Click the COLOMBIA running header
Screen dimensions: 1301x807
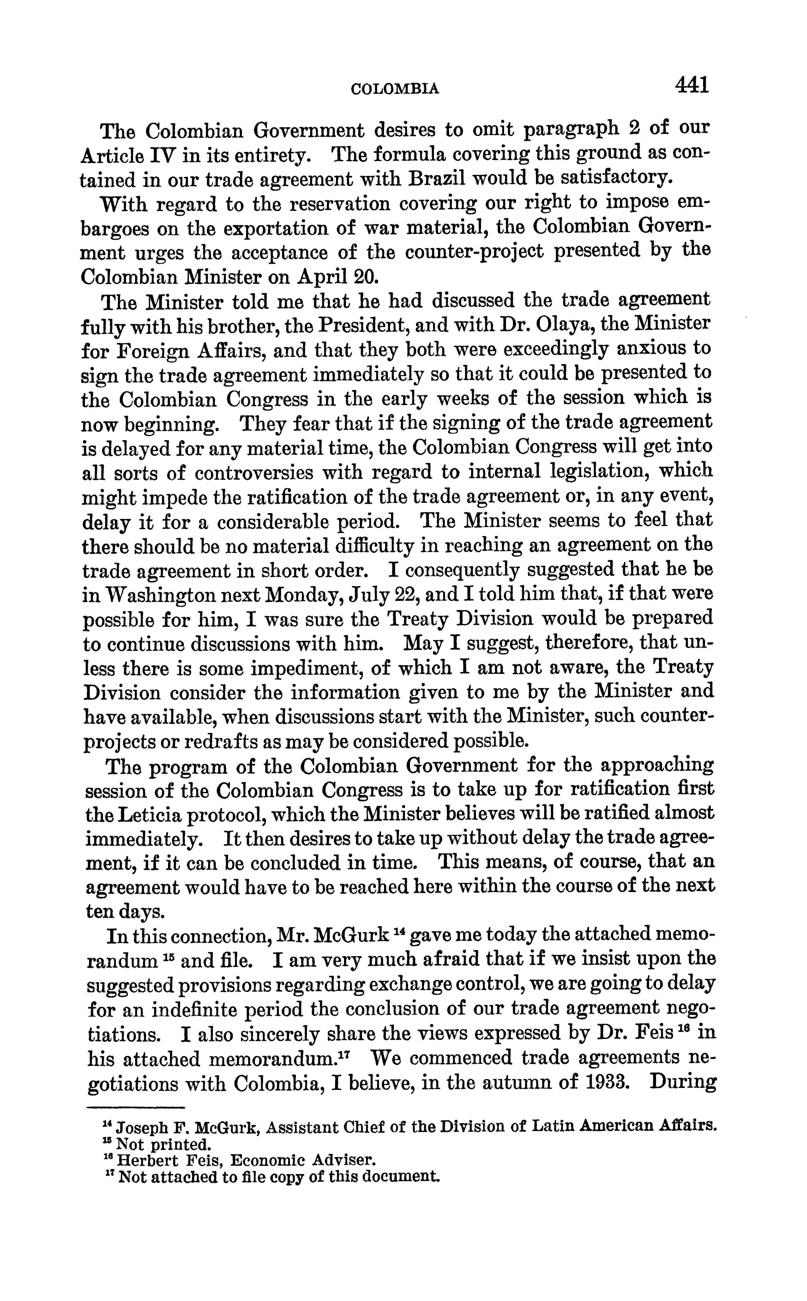click(x=395, y=89)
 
